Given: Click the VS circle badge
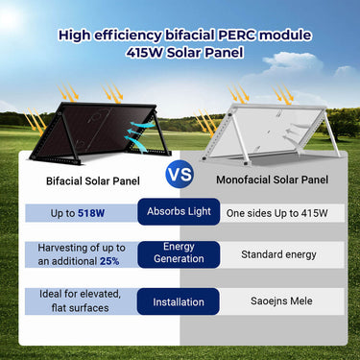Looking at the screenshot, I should [x=180, y=177].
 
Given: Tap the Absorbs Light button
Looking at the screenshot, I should [x=179, y=210].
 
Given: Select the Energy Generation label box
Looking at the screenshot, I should [x=179, y=252].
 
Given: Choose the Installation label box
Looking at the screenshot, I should [x=179, y=301].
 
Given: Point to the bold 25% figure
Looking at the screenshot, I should [x=108, y=261].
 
